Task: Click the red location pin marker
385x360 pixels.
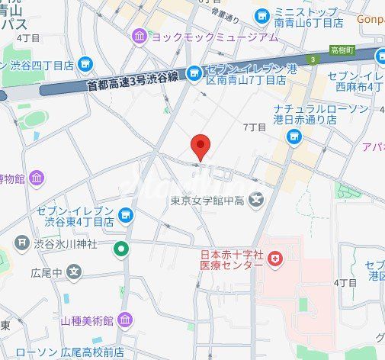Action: pyautogui.click(x=200, y=146)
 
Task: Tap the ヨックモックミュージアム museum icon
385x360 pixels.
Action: pyautogui.click(x=140, y=36)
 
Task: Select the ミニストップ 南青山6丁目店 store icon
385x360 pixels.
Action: pyautogui.click(x=262, y=14)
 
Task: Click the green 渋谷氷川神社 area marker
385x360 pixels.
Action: pyautogui.click(x=120, y=248)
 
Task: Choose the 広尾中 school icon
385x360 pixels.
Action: pyautogui.click(x=74, y=271)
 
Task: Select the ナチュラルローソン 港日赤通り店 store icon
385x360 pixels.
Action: pyautogui.click(x=294, y=136)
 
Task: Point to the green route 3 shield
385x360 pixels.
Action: pyautogui.click(x=312, y=59)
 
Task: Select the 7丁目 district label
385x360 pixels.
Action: pyautogui.click(x=254, y=127)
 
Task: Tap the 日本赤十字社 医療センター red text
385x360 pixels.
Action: pyautogui.click(x=232, y=260)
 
